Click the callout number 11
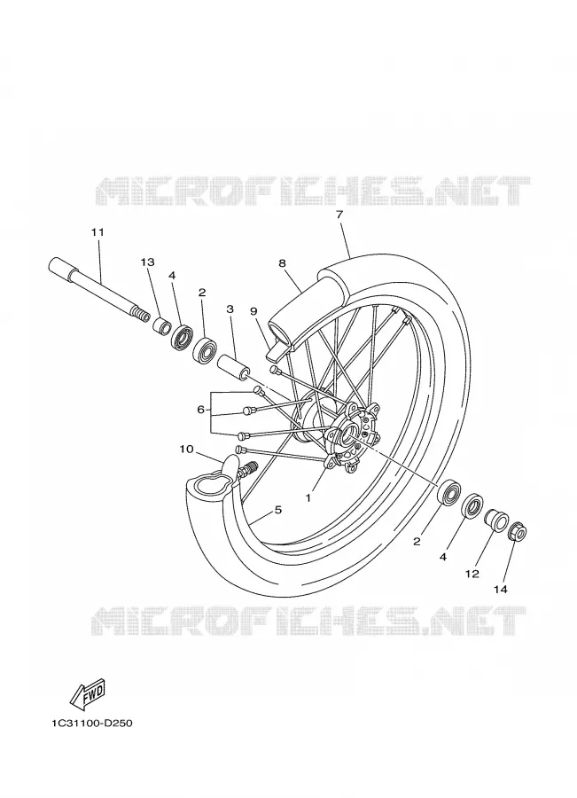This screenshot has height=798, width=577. (97, 232)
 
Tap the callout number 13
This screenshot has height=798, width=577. (147, 262)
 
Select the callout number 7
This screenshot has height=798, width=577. (339, 215)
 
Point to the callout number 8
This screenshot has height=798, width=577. (282, 263)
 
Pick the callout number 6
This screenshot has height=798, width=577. (200, 409)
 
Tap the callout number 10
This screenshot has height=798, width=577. (187, 449)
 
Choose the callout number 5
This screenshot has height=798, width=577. (277, 509)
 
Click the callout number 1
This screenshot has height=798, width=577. (308, 498)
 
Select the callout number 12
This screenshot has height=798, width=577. (472, 574)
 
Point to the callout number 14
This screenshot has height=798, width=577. (501, 590)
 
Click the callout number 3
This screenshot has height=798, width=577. (230, 309)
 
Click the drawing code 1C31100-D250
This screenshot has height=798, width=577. (91, 723)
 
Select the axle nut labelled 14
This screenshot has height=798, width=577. (519, 532)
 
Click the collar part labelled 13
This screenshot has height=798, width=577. (161, 326)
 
